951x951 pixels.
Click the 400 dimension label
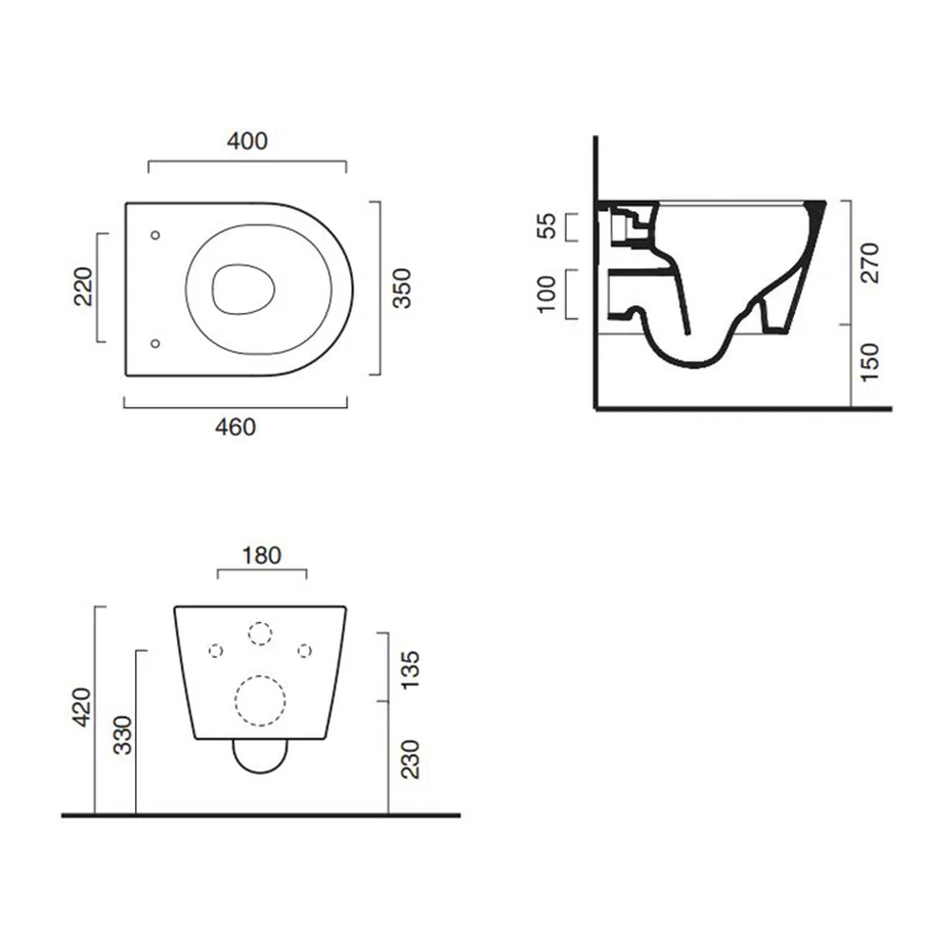247,142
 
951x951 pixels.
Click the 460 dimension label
235,428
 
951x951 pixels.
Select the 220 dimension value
83,286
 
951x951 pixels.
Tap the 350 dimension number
401,288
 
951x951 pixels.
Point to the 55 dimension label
546,226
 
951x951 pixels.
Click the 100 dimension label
547,294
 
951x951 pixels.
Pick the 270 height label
870,262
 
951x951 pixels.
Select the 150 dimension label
870,362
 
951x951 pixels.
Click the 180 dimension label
262,555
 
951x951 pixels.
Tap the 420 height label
81,707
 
